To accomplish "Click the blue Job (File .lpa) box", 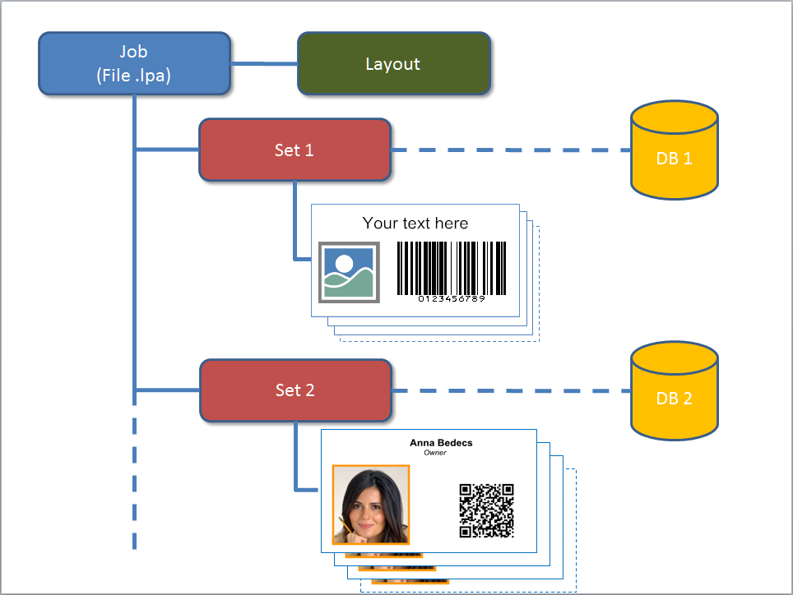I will coord(134,63).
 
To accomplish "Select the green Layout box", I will coord(393,63).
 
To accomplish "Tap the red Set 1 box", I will coord(294,150).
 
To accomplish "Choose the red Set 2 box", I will coord(294,390).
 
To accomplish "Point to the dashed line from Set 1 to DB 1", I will coord(510,150).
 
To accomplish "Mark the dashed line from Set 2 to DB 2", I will coord(510,391).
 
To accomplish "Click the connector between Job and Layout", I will coord(263,63).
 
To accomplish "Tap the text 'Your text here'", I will coord(415,223).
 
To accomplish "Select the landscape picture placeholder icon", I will coord(349,273).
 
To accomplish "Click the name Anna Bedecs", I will coord(441,443).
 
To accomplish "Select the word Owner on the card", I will coord(434,453).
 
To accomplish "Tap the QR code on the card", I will coord(486,510).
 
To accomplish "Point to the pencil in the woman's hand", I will coord(343,524).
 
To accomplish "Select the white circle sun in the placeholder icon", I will coord(344,265).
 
